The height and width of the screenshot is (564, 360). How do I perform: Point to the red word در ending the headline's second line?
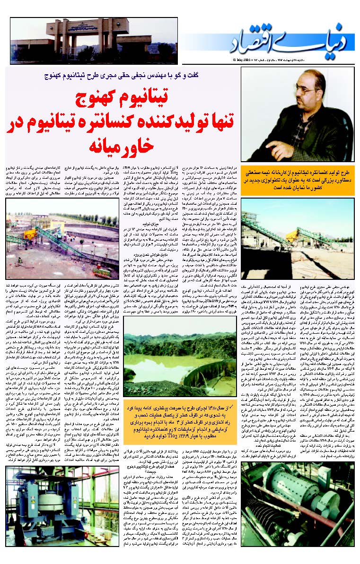pyautogui.click(x=16, y=121)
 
